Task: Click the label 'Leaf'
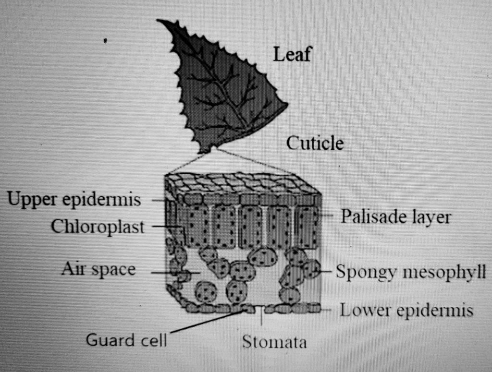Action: [x=292, y=56]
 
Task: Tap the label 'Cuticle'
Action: [x=315, y=143]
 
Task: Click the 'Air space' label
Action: [x=98, y=270]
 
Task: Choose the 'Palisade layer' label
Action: [x=395, y=217]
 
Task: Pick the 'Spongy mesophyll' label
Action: [x=411, y=272]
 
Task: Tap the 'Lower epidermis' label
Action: [x=406, y=311]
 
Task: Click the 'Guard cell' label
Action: [x=126, y=340]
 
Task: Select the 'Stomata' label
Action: [x=274, y=342]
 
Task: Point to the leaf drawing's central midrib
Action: [x=221, y=86]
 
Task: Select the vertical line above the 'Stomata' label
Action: [x=261, y=317]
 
